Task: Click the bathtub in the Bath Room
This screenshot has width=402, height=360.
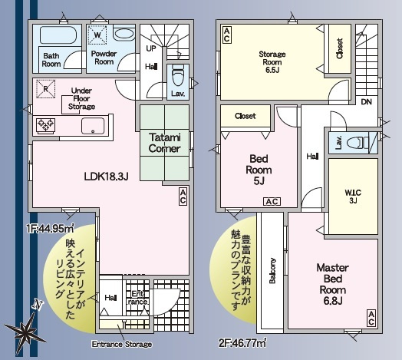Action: [x=54, y=35]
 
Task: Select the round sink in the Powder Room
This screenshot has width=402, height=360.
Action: [x=124, y=35]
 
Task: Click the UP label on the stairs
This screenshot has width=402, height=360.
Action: [x=151, y=48]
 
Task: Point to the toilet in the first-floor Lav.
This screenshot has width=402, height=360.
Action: [x=177, y=78]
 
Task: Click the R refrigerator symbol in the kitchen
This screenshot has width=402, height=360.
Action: [x=47, y=88]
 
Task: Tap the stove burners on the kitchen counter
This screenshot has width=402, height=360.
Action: [x=44, y=124]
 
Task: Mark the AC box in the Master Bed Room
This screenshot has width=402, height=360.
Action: [x=371, y=316]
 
